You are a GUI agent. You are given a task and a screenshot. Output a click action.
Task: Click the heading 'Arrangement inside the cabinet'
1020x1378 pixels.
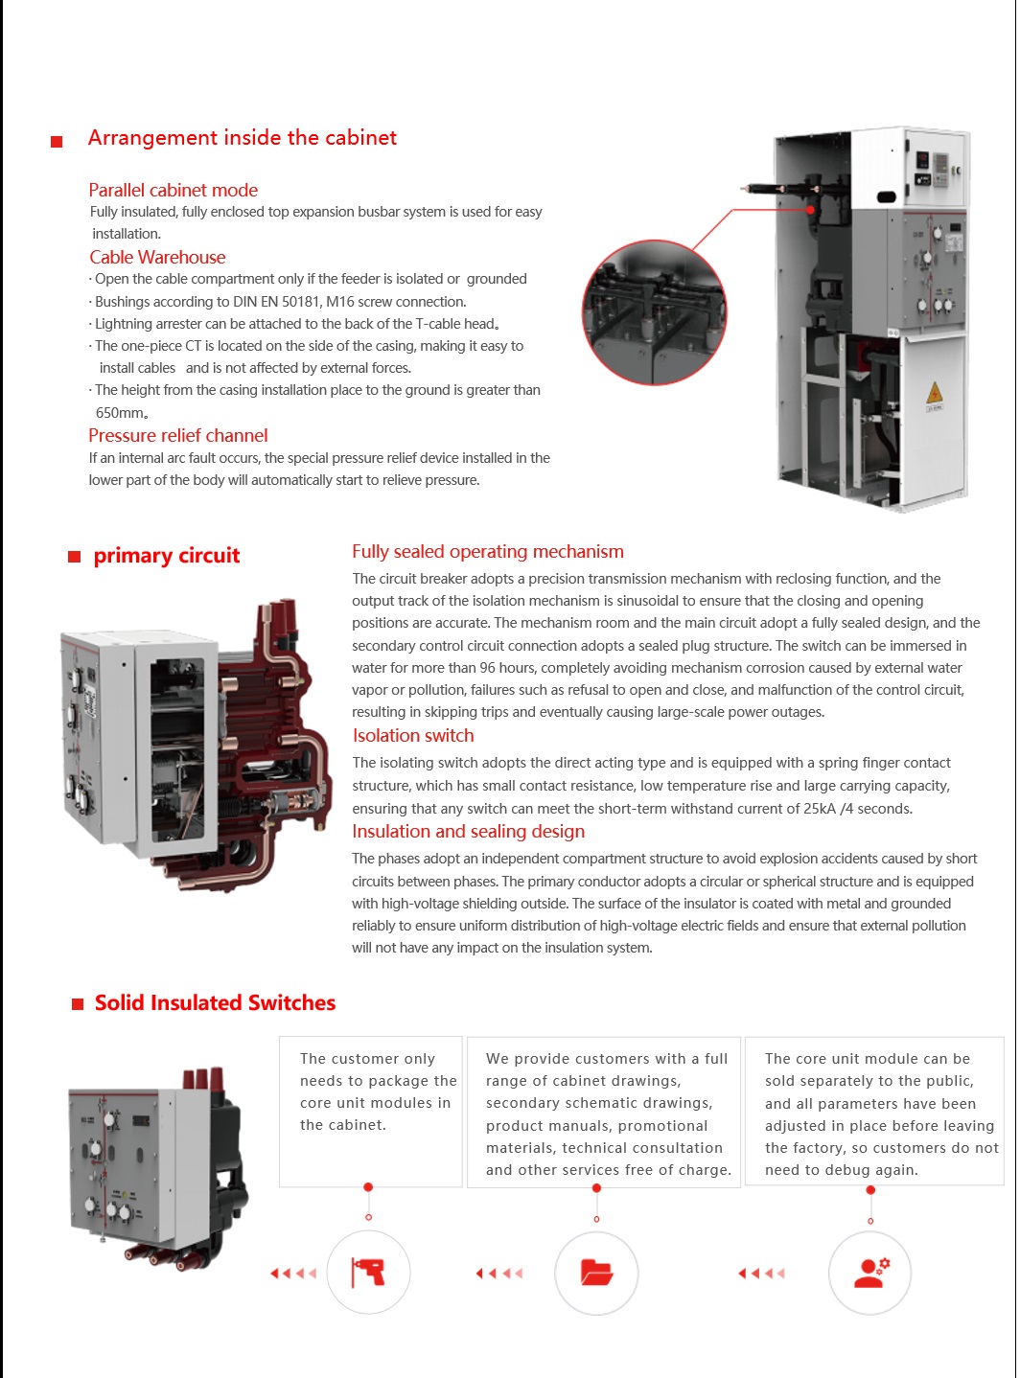pos(242,138)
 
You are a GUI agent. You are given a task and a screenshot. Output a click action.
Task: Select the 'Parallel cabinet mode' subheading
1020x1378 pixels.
pos(174,190)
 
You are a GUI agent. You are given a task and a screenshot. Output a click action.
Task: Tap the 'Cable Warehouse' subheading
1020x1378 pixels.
pos(157,257)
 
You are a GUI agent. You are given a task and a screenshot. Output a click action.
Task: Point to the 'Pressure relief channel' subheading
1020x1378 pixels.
pos(178,435)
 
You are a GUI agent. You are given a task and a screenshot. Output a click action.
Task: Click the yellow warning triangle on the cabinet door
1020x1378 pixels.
pos(935,394)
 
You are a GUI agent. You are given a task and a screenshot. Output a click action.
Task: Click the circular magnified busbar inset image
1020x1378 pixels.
pos(655,312)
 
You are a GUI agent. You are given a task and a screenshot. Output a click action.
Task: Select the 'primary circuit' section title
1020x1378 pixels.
pos(167,556)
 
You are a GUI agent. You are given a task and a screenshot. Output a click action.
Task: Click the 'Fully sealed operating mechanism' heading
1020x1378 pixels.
pos(487,551)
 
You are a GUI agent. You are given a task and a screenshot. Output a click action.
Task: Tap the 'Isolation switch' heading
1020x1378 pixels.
pos(413,735)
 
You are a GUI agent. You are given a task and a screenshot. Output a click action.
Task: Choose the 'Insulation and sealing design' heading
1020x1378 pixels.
pos(468,831)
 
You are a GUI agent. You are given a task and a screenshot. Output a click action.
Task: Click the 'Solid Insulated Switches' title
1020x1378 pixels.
pos(215,1002)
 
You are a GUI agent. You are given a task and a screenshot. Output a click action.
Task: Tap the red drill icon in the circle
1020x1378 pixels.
pos(369,1273)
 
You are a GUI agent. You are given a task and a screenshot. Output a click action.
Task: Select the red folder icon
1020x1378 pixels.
pos(596,1273)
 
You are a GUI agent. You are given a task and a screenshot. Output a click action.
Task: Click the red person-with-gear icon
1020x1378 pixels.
pos(870,1273)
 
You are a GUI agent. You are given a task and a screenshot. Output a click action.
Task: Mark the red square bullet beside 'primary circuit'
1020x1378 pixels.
pos(74,557)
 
